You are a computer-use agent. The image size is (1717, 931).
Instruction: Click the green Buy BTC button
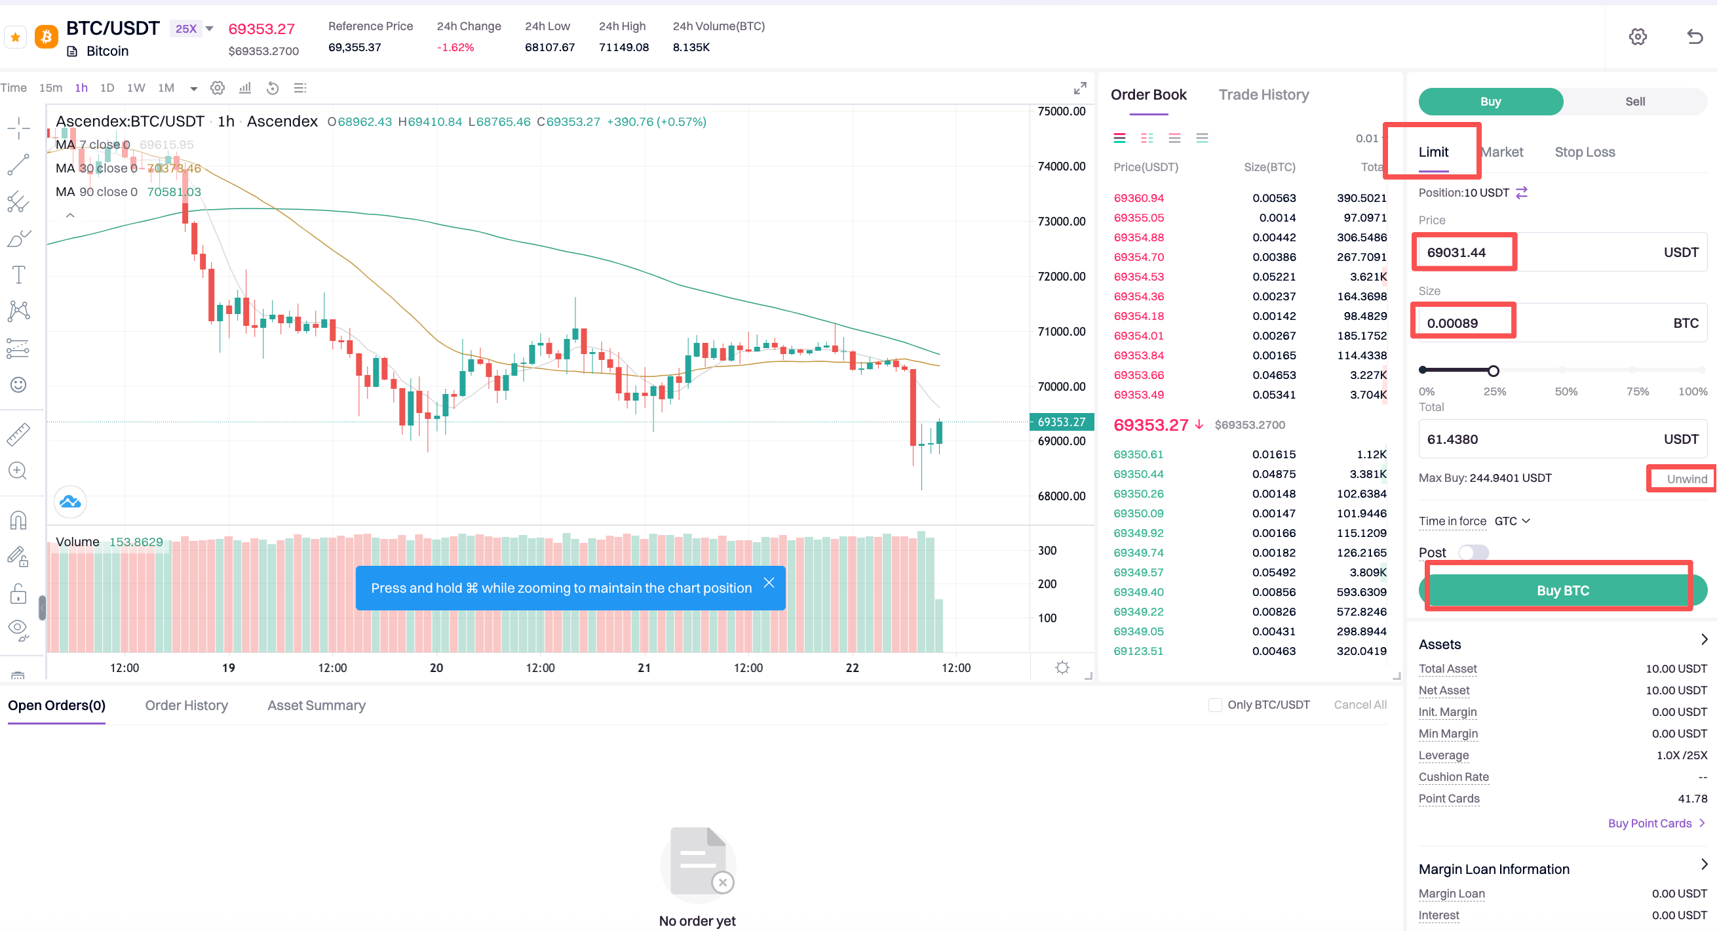[1562, 590]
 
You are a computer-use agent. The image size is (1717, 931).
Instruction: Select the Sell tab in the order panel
[1634, 102]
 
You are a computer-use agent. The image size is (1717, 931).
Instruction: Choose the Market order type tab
[1503, 152]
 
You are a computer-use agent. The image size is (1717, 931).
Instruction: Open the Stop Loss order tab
[1585, 152]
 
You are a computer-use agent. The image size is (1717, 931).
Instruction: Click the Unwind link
[1686, 479]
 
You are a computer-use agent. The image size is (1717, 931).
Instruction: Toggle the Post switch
[1473, 552]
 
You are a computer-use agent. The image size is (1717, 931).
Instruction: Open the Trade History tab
[1263, 94]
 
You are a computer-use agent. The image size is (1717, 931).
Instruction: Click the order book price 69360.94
[1138, 198]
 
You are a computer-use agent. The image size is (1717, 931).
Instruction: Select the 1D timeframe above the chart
[107, 88]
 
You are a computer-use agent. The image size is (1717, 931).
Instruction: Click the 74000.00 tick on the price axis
[1061, 166]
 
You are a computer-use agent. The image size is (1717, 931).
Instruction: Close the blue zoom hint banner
[769, 583]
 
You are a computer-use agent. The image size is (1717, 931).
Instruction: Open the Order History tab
[186, 705]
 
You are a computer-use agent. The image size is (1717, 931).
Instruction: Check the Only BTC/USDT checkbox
[1215, 705]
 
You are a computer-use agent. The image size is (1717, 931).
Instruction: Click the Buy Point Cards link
[1650, 823]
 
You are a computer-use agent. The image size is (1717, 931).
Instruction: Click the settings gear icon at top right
[1638, 37]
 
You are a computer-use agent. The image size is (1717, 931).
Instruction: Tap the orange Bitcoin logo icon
[46, 37]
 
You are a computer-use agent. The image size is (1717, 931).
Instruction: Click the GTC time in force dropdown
[1512, 521]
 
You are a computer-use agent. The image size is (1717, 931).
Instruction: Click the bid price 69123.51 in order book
[1138, 651]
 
